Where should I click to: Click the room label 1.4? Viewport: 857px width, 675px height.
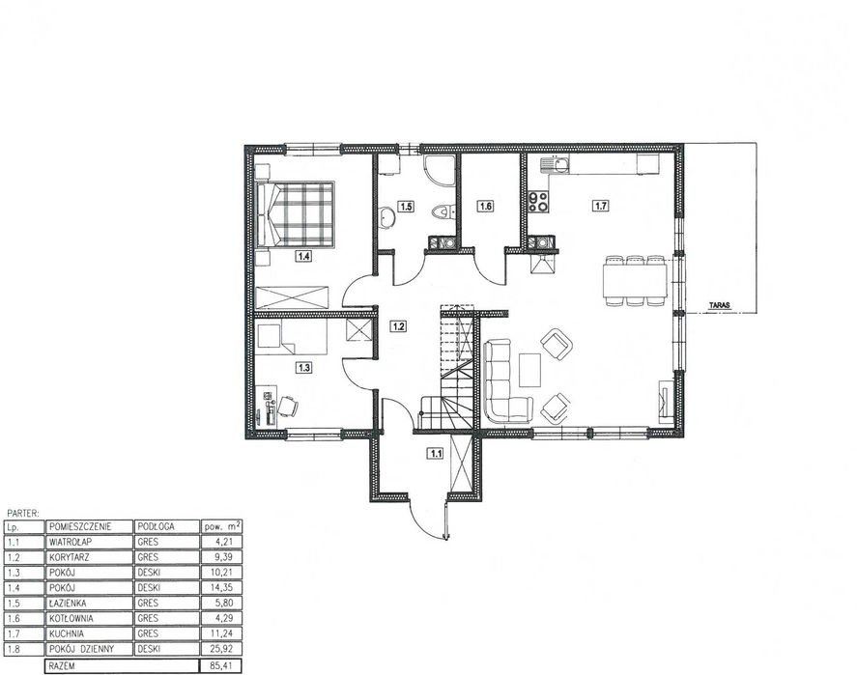[x=304, y=255]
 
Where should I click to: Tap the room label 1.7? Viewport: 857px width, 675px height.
[x=601, y=206]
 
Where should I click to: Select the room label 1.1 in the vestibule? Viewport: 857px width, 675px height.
[x=436, y=453]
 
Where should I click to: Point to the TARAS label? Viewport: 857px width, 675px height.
[x=720, y=306]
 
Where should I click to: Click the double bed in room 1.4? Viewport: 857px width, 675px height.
[x=295, y=214]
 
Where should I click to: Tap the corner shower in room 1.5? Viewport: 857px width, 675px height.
[x=440, y=170]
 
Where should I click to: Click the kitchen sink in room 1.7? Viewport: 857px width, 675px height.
[x=556, y=164]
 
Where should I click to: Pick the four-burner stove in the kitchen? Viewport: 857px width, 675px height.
[x=538, y=202]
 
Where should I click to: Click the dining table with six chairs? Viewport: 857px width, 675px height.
[x=635, y=280]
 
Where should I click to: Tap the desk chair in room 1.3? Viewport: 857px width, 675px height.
[x=288, y=406]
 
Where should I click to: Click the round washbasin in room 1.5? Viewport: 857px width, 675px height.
[x=387, y=215]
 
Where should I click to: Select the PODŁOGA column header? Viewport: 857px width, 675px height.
[x=156, y=526]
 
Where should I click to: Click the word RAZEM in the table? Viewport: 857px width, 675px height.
[x=62, y=665]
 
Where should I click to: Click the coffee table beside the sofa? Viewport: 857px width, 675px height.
[x=529, y=370]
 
